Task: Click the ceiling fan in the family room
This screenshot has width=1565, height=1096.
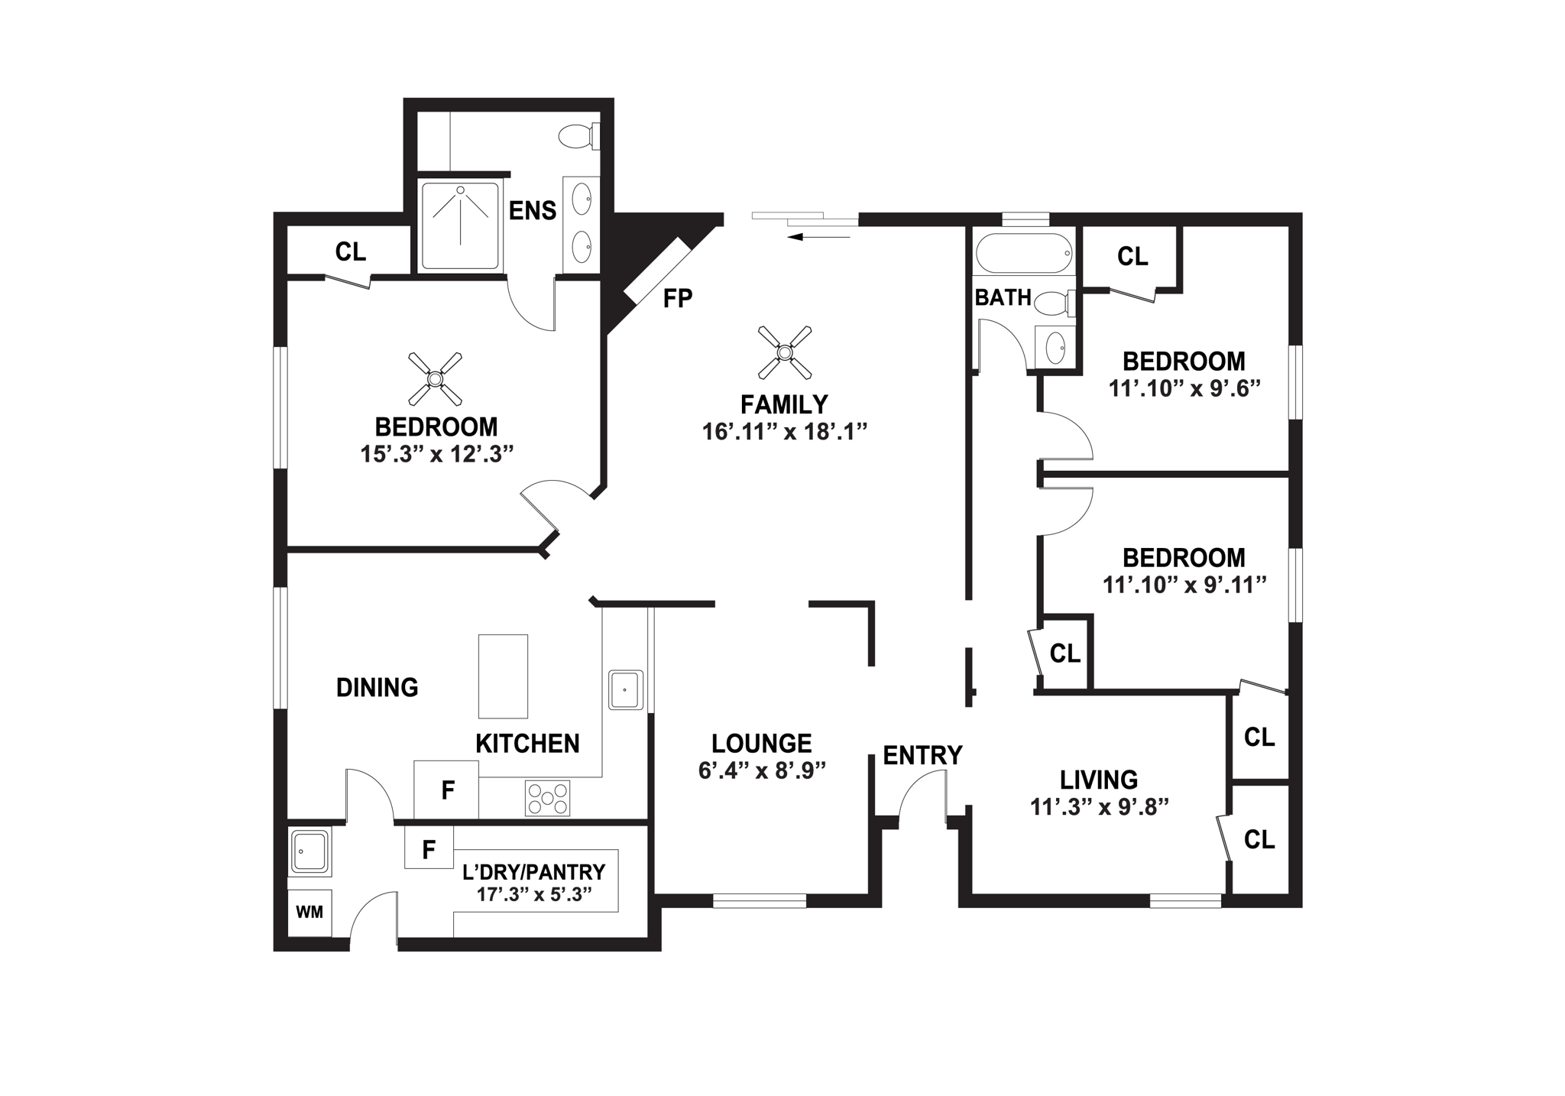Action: click(784, 352)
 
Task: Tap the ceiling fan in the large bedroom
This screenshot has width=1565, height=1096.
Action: click(435, 378)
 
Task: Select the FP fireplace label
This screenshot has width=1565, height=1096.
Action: click(677, 298)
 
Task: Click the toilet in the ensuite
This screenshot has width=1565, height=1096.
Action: click(578, 137)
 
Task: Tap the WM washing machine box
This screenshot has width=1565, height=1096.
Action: click(309, 912)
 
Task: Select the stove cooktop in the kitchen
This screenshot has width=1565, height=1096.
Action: click(547, 798)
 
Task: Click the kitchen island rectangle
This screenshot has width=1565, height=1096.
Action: click(503, 676)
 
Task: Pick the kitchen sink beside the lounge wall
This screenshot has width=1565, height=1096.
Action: click(626, 689)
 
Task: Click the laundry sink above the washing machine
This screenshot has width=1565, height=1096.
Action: click(309, 852)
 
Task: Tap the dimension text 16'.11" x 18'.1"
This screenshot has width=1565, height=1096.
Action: click(785, 432)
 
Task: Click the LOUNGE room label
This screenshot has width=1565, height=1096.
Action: click(761, 743)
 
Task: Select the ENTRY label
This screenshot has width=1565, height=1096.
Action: click(922, 755)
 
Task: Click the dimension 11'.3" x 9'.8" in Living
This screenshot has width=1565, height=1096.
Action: click(1100, 807)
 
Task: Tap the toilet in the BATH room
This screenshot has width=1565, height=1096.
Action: click(1055, 303)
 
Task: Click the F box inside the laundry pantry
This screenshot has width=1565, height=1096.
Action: click(429, 848)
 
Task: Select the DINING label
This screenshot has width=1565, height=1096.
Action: click(377, 687)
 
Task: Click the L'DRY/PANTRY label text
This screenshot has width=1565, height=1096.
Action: click(534, 871)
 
